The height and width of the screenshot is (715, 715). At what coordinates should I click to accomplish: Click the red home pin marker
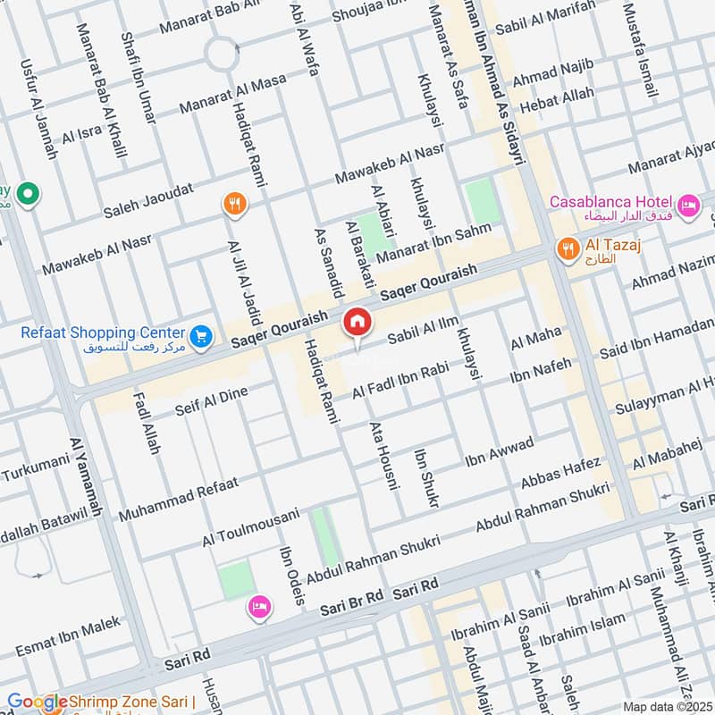pos(357,321)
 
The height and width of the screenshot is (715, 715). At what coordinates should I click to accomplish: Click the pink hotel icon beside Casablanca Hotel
pos(689,206)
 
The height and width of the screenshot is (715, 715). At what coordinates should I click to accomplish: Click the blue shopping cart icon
pos(202,335)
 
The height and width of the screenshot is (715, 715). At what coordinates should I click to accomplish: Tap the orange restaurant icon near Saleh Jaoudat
pos(234,205)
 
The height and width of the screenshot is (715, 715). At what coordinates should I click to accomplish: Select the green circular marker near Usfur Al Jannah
pos(29,192)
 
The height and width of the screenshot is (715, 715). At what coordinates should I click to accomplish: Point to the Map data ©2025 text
pos(666,706)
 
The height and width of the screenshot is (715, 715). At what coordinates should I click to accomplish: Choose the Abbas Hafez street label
pos(561,475)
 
